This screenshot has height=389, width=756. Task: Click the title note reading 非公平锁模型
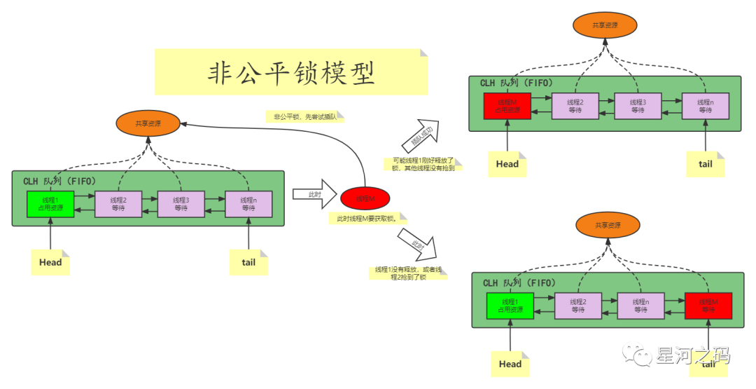pyautogui.click(x=290, y=72)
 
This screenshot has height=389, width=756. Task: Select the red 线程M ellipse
pyautogui.click(x=365, y=199)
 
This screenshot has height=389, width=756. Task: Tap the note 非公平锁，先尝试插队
pyautogui.click(x=305, y=117)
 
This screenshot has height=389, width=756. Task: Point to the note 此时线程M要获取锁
pyautogui.click(x=367, y=219)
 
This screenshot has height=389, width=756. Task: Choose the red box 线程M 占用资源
pyautogui.click(x=507, y=106)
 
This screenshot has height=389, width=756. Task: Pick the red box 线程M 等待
pyautogui.click(x=708, y=306)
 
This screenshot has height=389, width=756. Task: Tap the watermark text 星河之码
pyautogui.click(x=692, y=355)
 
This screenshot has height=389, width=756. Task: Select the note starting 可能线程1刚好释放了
pyautogui.click(x=423, y=164)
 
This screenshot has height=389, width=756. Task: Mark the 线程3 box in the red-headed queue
pyautogui.click(x=637, y=106)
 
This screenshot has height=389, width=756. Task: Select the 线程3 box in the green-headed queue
pyautogui.click(x=181, y=204)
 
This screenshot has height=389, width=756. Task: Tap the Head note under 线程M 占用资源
pyautogui.click(x=507, y=165)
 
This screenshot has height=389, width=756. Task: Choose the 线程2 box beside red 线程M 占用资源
pyautogui.click(x=575, y=106)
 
